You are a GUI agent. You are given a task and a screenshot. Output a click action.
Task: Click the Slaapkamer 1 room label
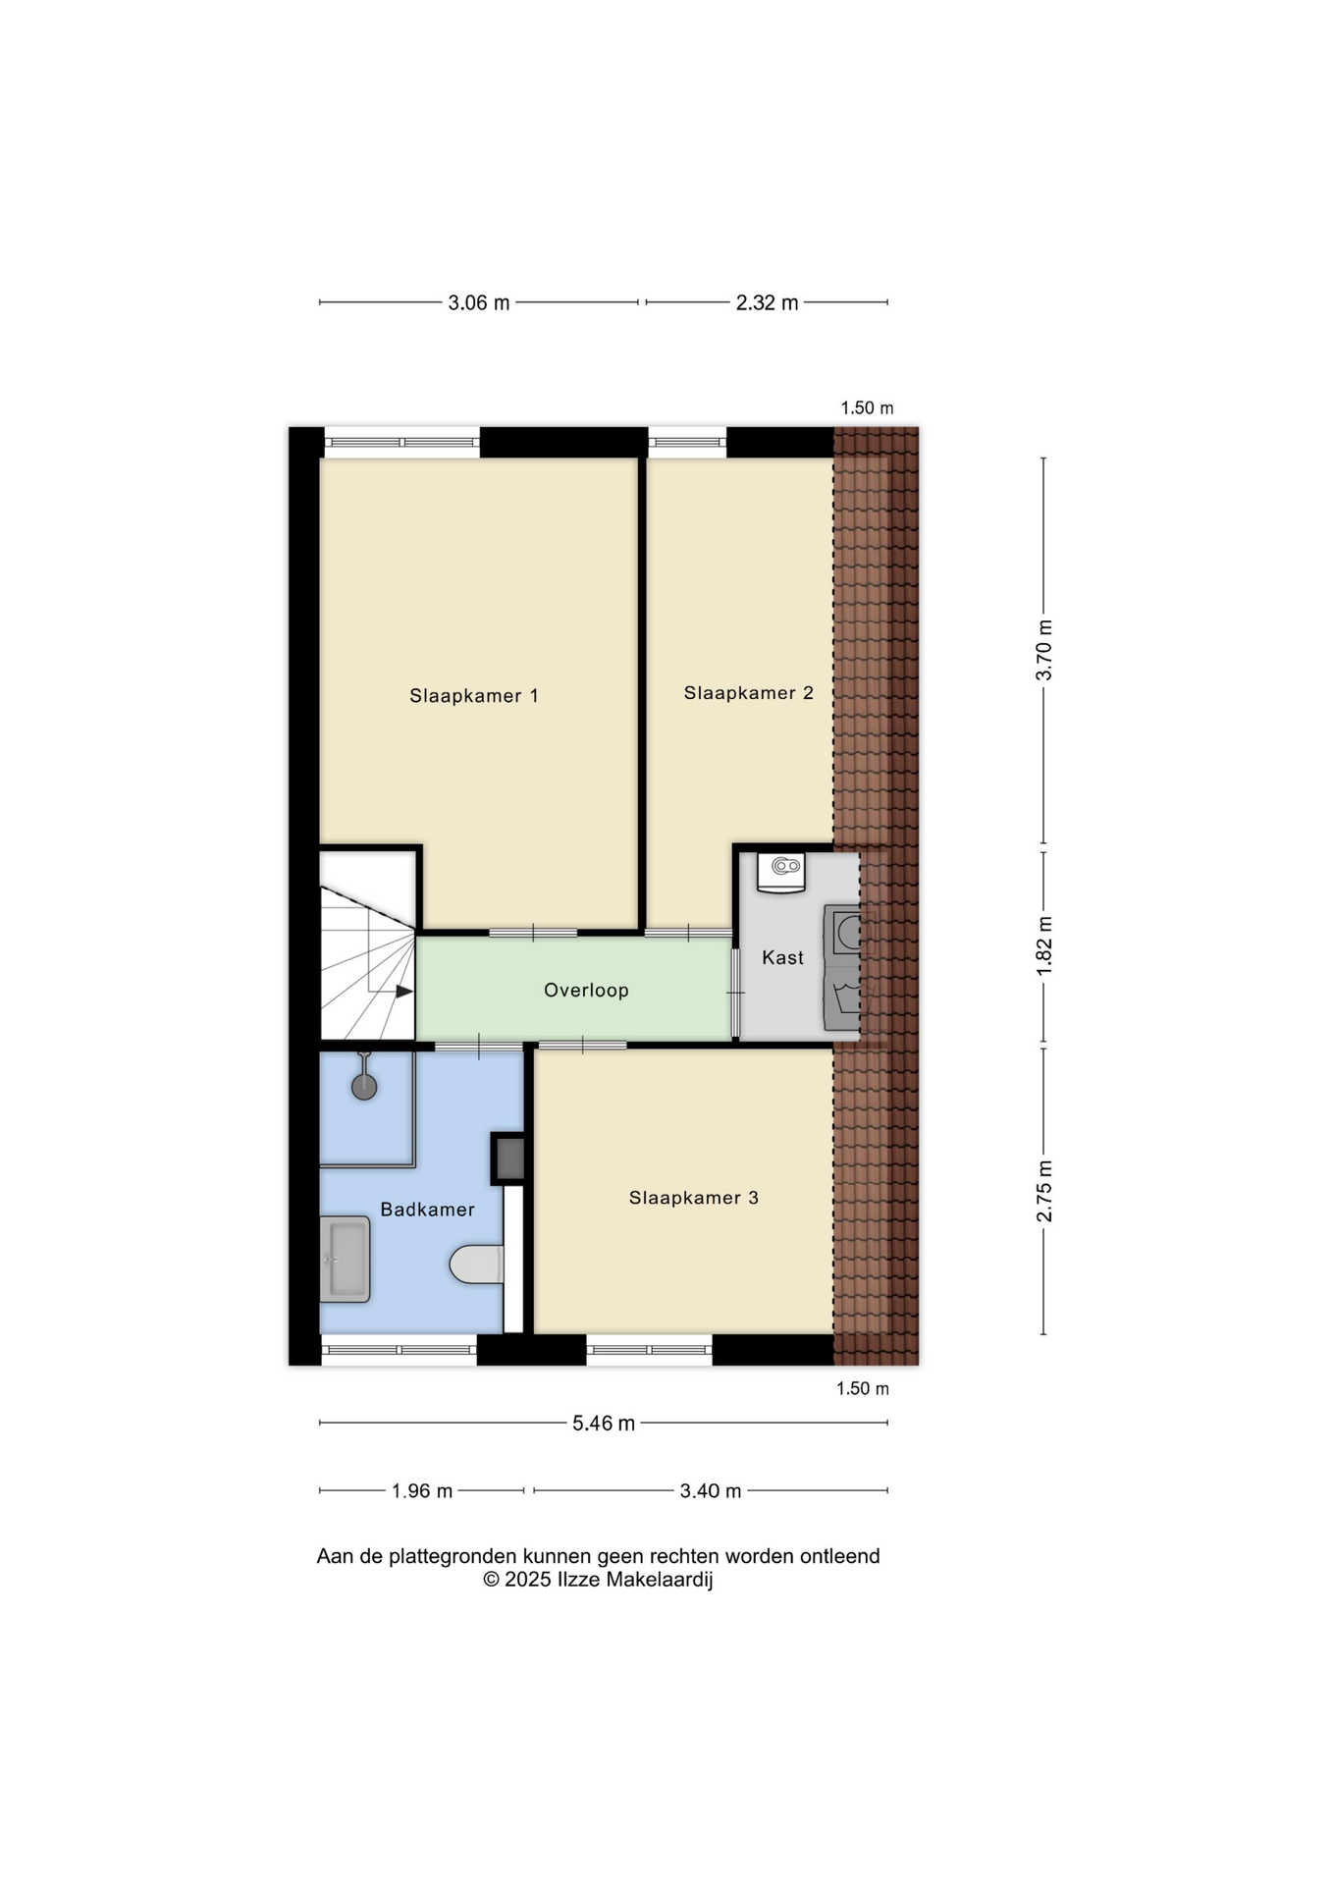tap(474, 696)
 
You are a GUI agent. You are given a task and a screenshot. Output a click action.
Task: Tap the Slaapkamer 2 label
tap(749, 693)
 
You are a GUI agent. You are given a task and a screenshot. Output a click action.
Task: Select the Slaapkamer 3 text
tap(694, 1198)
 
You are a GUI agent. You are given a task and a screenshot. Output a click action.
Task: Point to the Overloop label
tap(586, 991)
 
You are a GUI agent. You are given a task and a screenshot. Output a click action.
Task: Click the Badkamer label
tap(428, 1210)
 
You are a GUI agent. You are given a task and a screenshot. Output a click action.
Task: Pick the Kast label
tap(782, 957)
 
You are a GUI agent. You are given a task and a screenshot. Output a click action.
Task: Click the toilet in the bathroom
tap(477, 1265)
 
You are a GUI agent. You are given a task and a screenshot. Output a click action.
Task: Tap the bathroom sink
tap(345, 1260)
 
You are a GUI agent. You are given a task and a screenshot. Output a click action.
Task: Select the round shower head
tap(364, 1087)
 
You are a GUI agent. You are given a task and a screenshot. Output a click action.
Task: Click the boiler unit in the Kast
tap(781, 873)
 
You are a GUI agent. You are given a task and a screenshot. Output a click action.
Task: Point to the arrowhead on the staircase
tap(404, 992)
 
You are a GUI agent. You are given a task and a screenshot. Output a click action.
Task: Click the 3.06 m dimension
tap(479, 303)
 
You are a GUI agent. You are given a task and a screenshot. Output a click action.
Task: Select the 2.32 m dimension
tap(767, 303)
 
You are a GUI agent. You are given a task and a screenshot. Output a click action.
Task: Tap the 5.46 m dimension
tap(604, 1424)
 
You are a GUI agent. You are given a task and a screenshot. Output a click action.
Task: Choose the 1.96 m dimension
tap(422, 1491)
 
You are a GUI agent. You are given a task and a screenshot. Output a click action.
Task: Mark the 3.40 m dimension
tap(711, 1491)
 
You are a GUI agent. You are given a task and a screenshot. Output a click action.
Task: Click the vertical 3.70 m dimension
tap(1044, 650)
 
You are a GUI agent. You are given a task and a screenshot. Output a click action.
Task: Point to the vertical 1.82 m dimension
tap(1044, 945)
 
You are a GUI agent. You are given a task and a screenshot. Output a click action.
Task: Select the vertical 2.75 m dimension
tap(1044, 1191)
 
